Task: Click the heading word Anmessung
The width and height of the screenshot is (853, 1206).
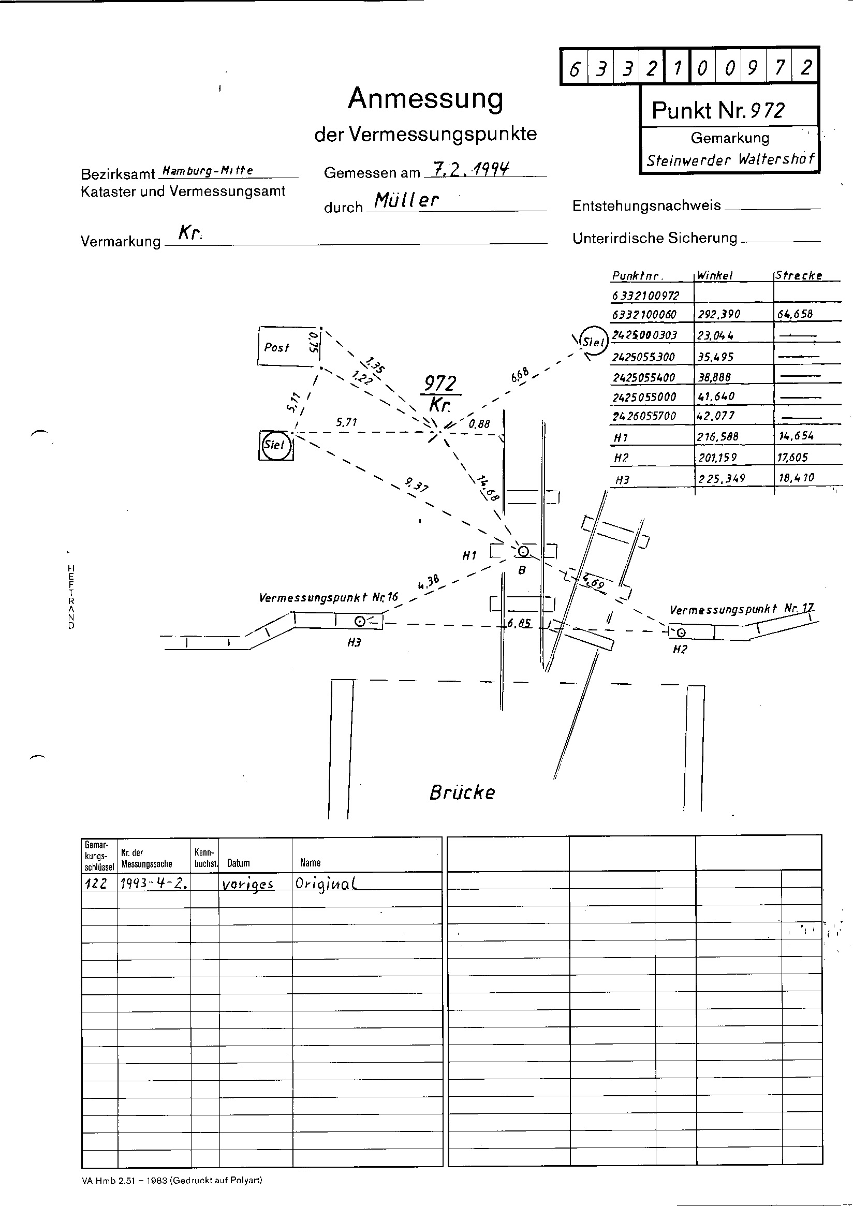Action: coord(425,99)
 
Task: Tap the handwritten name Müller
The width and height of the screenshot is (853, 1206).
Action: coord(405,200)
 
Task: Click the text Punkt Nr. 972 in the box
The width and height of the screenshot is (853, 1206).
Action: coord(718,110)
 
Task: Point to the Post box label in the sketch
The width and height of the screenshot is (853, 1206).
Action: coord(277,347)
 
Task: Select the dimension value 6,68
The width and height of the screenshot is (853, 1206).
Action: coord(519,375)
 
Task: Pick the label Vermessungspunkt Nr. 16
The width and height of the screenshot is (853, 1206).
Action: coord(328,597)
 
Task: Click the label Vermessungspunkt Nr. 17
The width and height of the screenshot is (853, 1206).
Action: coord(741,609)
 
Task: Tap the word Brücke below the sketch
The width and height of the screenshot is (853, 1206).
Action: coord(462,792)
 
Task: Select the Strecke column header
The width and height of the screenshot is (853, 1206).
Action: coord(798,275)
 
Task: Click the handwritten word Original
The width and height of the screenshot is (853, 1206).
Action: coord(326,884)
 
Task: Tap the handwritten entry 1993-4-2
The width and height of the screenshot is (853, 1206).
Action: coord(154,884)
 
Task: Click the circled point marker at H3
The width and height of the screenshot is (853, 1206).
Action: coord(360,622)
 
